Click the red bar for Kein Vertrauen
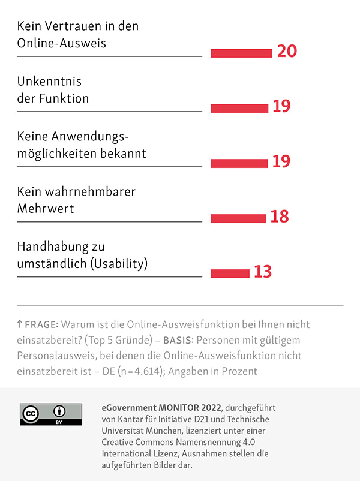click(x=241, y=53)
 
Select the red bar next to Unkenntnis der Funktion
click(x=239, y=108)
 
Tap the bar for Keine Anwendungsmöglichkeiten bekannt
click(x=239, y=163)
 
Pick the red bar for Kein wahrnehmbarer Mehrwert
click(x=238, y=218)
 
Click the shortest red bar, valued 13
click(x=230, y=273)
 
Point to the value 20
click(x=287, y=52)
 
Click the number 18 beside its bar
click(x=280, y=217)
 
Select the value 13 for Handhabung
click(x=263, y=272)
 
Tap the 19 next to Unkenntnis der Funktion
click(x=281, y=107)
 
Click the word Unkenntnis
click(x=49, y=82)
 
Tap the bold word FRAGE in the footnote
click(x=41, y=324)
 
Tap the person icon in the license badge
click(x=60, y=412)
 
